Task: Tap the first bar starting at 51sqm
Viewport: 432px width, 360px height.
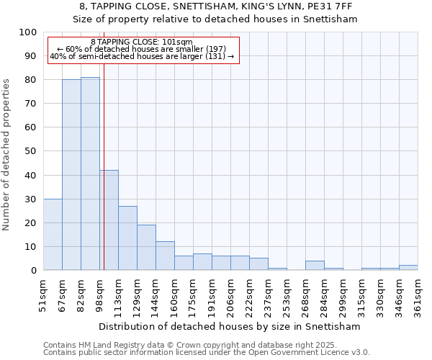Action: pos(53,234)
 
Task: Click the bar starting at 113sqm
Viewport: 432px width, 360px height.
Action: pos(127,238)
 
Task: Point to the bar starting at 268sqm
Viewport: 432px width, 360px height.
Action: pos(315,265)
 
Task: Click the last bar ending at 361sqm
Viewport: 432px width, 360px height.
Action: pos(408,267)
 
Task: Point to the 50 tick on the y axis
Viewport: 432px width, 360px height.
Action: pos(32,151)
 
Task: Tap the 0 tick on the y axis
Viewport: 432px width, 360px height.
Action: pos(35,270)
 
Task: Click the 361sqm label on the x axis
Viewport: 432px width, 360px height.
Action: pos(418,294)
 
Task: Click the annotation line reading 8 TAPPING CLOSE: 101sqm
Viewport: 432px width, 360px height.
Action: pos(142,42)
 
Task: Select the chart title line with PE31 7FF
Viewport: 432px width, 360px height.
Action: pos(215,6)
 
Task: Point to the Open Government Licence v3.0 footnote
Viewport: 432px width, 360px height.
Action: pos(207,353)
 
